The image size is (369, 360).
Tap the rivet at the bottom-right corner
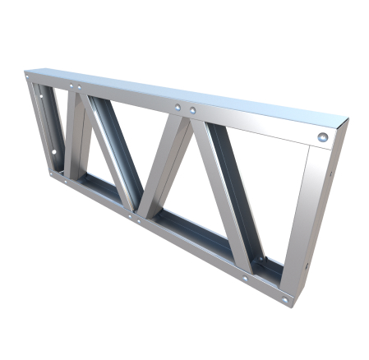tap(285, 299)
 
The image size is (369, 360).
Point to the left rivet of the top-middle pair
tap(178, 107)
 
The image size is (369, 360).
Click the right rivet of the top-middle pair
tap(192, 110)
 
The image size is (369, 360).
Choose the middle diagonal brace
tap(168, 164)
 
